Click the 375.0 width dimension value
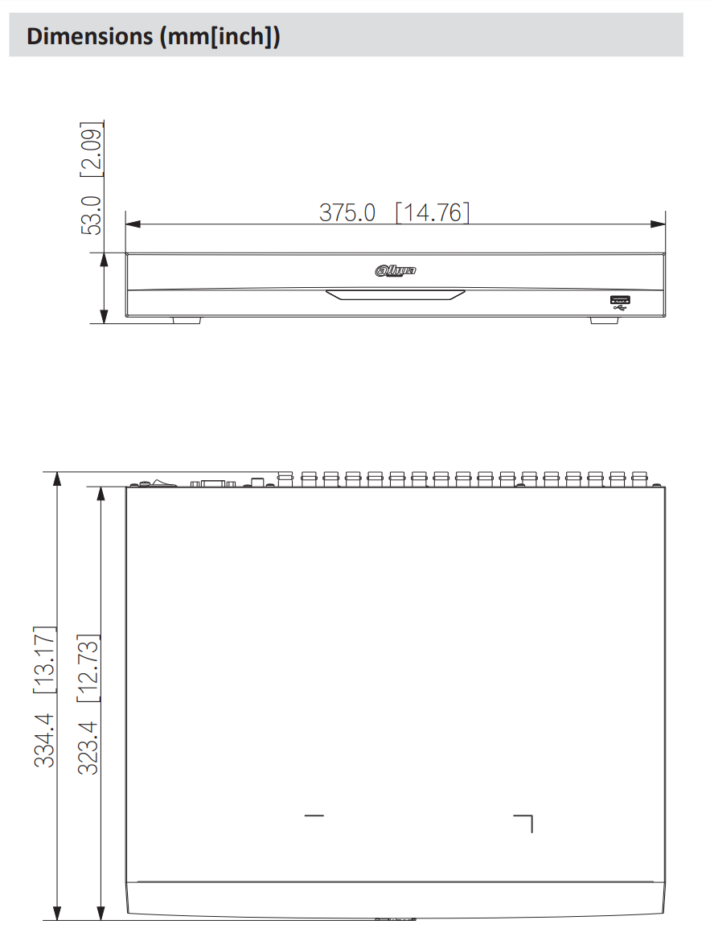(x=347, y=212)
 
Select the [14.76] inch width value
(x=432, y=212)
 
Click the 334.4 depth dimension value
(x=44, y=739)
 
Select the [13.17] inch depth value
(x=44, y=659)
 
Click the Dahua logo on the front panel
(x=396, y=271)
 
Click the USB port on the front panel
(x=620, y=303)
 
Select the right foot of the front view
(x=605, y=320)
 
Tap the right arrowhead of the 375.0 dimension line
(x=659, y=224)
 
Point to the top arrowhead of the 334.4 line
(x=57, y=479)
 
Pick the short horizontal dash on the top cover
(x=314, y=816)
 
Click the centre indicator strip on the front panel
(x=395, y=294)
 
